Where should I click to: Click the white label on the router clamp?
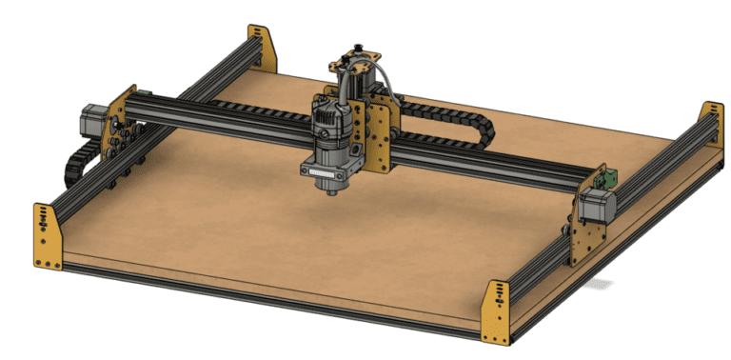click(x=326, y=173)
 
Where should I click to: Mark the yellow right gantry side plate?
click(x=583, y=224)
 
